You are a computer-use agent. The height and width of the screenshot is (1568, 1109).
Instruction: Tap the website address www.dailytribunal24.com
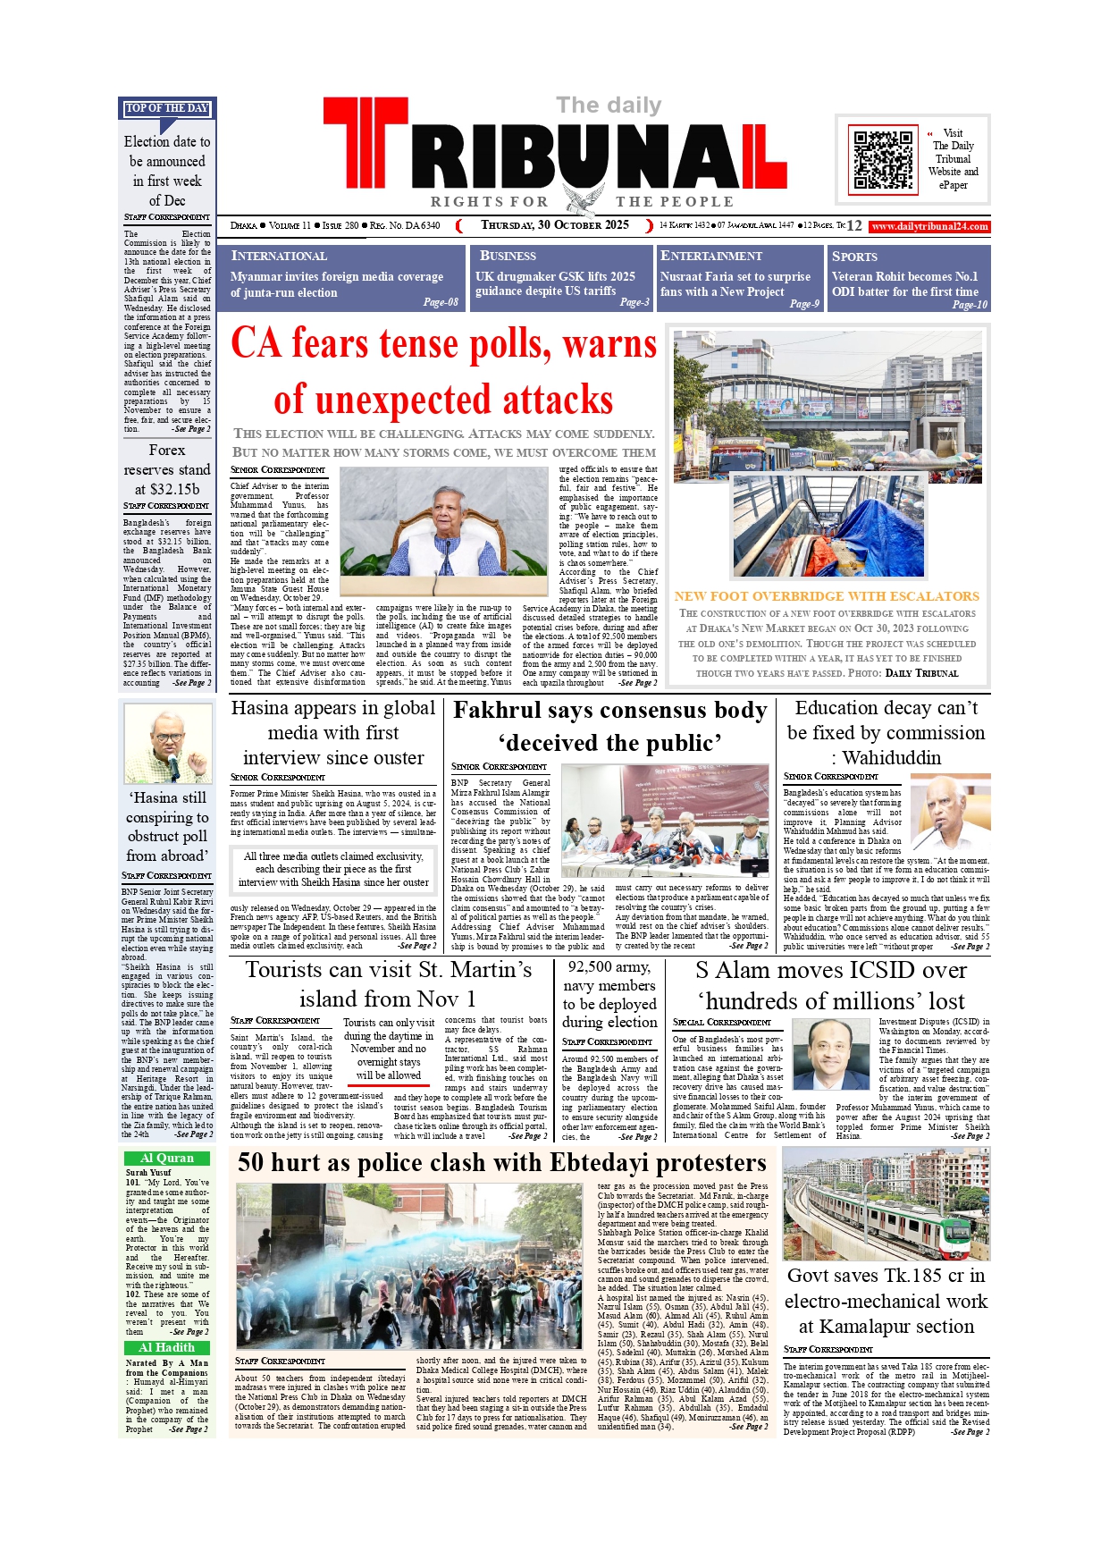click(x=930, y=226)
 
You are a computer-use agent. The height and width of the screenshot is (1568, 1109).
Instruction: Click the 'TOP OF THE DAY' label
click(x=167, y=108)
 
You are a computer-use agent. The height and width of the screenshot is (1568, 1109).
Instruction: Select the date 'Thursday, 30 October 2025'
click(x=555, y=225)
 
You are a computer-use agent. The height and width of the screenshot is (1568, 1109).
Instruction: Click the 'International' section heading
click(x=279, y=256)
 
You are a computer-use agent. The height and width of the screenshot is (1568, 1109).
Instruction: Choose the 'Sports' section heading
click(x=854, y=257)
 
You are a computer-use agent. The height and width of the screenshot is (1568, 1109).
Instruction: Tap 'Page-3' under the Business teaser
click(x=634, y=302)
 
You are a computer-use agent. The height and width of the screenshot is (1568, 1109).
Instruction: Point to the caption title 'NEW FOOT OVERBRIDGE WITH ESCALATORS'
click(x=827, y=596)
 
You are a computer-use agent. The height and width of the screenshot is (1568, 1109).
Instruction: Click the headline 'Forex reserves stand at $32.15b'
click(x=167, y=469)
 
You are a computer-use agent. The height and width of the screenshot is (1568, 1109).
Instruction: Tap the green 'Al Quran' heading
click(x=167, y=1158)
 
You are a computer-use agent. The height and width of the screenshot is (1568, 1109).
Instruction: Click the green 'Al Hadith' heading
click(x=167, y=1347)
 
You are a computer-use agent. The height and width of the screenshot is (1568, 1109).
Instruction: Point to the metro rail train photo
click(x=886, y=1203)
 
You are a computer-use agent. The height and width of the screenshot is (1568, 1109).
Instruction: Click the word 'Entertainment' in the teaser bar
click(x=710, y=256)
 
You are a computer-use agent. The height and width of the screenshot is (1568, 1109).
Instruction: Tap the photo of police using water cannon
click(x=408, y=1265)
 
